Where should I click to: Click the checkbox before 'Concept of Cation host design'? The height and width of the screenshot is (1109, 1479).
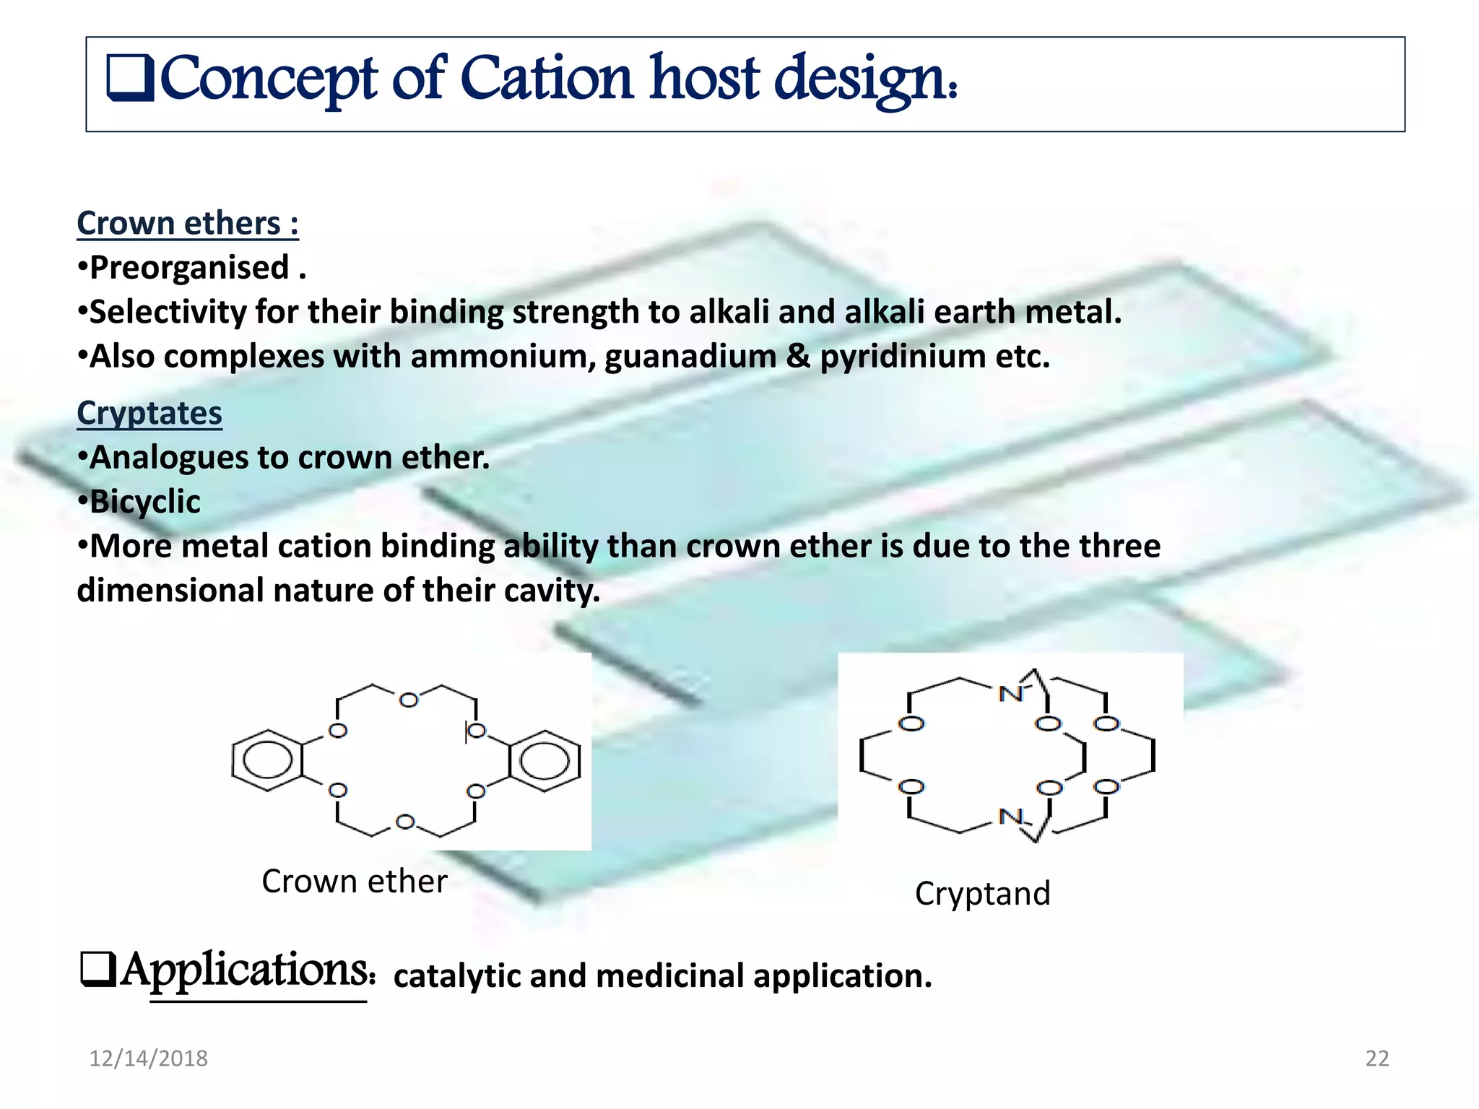(x=129, y=77)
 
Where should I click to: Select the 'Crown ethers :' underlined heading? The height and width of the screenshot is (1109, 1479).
(x=188, y=223)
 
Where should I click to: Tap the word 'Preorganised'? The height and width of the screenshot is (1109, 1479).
(x=190, y=268)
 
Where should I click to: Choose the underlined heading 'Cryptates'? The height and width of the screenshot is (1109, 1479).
(x=149, y=413)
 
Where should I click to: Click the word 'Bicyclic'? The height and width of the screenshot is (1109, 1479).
(x=145, y=502)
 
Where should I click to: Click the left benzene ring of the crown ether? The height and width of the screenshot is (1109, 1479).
(x=267, y=760)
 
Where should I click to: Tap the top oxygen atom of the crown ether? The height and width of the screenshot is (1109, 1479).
(x=409, y=700)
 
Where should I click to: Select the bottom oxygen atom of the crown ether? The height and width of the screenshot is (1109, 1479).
(x=406, y=822)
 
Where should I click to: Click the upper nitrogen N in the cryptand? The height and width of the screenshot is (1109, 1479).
(x=1010, y=694)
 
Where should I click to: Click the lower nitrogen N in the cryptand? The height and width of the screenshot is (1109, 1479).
(x=1010, y=817)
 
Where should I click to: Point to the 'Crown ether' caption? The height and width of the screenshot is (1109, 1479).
(x=354, y=882)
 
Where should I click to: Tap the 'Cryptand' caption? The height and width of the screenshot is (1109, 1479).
(x=982, y=894)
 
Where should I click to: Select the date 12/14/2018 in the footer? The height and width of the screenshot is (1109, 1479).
(x=148, y=1058)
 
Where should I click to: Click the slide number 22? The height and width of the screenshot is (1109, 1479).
(x=1376, y=1058)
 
